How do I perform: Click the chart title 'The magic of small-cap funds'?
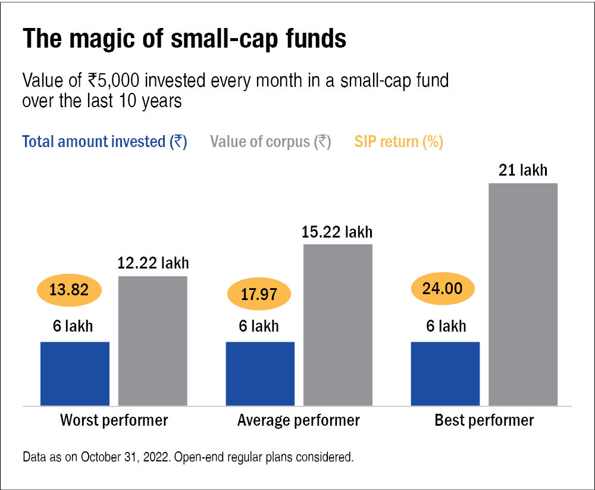(x=184, y=39)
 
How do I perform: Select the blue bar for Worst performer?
(x=75, y=373)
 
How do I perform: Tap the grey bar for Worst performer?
(x=153, y=341)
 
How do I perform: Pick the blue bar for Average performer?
(x=261, y=373)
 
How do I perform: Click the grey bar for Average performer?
(x=338, y=324)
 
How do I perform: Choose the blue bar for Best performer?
(x=445, y=373)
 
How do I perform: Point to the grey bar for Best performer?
(x=523, y=294)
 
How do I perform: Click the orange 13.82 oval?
(x=70, y=291)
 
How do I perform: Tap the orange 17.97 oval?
(x=259, y=294)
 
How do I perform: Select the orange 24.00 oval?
(x=443, y=289)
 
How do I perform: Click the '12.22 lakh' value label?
(x=154, y=263)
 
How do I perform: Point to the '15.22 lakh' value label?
(x=337, y=232)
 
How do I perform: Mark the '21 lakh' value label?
(x=523, y=171)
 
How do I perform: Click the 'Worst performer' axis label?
(x=114, y=420)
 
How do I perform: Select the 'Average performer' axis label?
(x=299, y=420)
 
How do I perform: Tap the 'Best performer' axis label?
(x=484, y=420)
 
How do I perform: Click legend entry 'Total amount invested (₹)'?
(x=105, y=142)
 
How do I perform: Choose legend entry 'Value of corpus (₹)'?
(x=271, y=142)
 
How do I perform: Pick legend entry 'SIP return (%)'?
(x=399, y=142)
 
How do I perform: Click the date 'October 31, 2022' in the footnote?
(x=122, y=458)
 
